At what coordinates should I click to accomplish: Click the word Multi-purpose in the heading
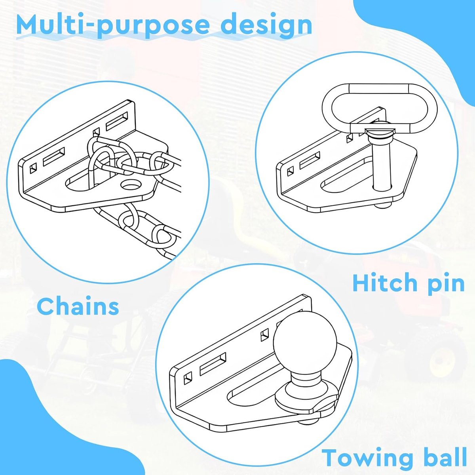tap(113, 26)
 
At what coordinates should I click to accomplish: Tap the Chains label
tap(78, 306)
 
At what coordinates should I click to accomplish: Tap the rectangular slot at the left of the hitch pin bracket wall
tap(310, 160)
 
